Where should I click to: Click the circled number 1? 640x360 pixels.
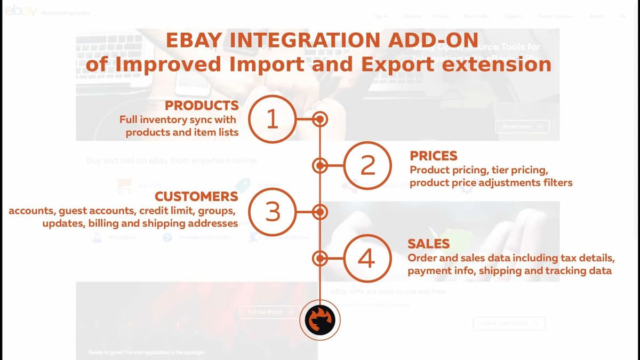click(272, 119)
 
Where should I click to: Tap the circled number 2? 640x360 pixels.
click(367, 166)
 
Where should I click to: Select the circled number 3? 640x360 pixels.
click(272, 212)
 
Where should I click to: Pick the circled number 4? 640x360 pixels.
click(366, 259)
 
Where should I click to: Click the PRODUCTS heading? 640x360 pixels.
click(202, 105)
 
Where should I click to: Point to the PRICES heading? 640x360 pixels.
click(434, 156)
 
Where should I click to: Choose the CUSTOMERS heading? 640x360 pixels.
click(196, 196)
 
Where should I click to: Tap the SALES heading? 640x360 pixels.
click(429, 244)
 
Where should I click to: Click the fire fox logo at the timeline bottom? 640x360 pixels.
click(319, 320)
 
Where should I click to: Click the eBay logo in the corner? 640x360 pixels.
click(20, 12)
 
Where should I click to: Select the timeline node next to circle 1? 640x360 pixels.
click(319, 119)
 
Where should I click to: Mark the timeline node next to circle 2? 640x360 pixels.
click(319, 166)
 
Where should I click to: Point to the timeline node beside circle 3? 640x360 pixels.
click(319, 212)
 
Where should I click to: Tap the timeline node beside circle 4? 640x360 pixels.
click(319, 259)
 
